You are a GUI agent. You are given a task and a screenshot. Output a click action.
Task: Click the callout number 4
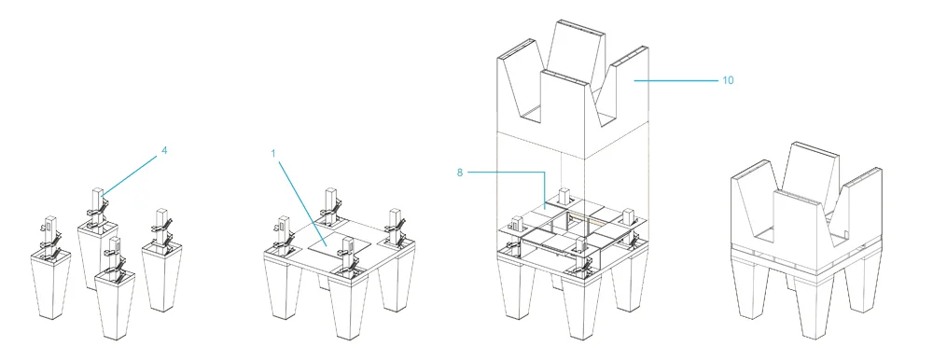(x=164, y=150)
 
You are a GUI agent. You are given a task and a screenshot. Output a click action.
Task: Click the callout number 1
(x=273, y=154)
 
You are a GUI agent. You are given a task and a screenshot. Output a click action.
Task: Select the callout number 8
(x=459, y=173)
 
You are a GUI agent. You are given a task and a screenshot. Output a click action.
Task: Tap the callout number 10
(x=728, y=80)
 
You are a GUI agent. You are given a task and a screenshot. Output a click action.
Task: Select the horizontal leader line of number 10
(x=675, y=80)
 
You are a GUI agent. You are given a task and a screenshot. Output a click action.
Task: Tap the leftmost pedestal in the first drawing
(x=50, y=283)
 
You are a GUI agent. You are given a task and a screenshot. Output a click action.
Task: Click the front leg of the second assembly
(x=349, y=307)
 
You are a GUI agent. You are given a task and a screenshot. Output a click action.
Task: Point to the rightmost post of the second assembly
(x=395, y=225)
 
